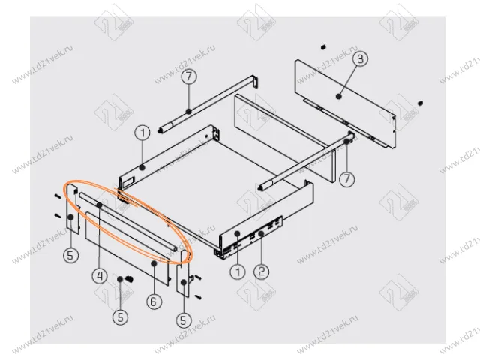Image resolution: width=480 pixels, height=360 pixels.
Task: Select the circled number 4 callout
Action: [98, 274]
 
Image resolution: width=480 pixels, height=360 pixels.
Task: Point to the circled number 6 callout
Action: [154, 301]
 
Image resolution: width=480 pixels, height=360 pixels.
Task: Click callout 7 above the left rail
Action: [188, 76]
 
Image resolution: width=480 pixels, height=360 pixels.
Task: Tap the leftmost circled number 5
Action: [70, 255]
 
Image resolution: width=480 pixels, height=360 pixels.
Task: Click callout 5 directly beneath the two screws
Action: [120, 317]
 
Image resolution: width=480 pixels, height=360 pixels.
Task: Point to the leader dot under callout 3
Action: [339, 96]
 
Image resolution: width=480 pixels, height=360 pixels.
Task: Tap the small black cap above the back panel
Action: [321, 46]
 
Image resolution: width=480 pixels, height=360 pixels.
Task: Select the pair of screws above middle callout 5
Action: [124, 279]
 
